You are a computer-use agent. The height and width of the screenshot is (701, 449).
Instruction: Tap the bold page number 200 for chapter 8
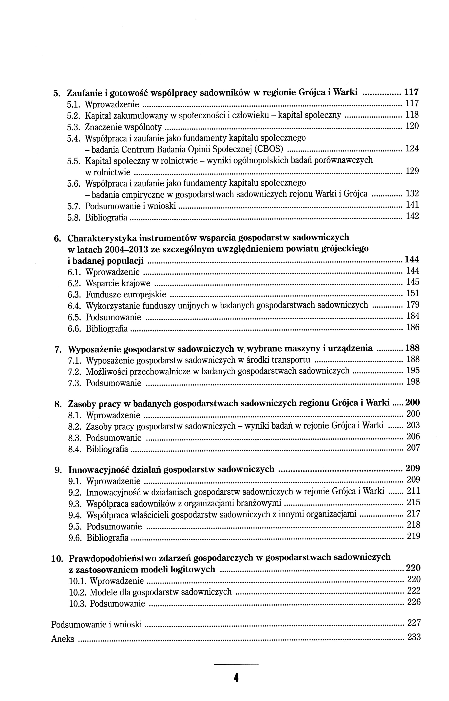click(413, 403)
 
